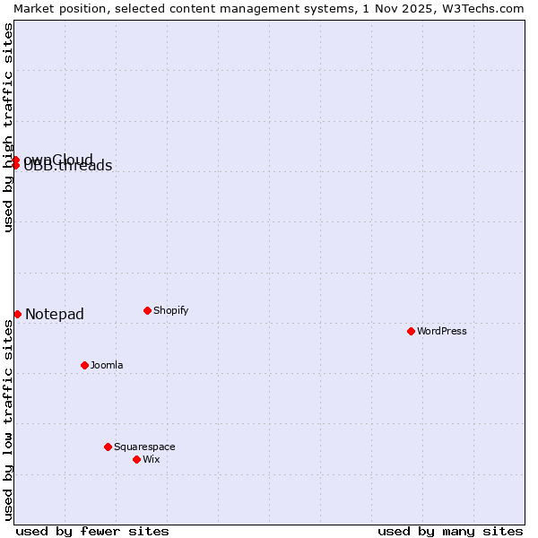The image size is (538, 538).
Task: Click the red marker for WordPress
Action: (411, 331)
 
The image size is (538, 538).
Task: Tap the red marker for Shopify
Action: (147, 310)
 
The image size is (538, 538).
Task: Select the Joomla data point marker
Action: (84, 365)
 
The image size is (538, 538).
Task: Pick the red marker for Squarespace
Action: (108, 447)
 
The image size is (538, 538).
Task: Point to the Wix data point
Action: (136, 459)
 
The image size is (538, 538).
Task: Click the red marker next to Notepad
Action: (17, 314)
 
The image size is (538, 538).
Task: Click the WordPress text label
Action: (442, 331)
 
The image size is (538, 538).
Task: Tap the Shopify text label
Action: (171, 310)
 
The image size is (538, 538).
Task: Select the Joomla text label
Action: (107, 365)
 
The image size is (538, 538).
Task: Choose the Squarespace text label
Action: (144, 447)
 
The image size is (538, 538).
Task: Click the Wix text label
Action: (152, 459)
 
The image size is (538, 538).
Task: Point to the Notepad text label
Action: (55, 314)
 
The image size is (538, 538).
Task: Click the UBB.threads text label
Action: (68, 166)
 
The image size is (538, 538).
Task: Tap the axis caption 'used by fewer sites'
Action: (92, 531)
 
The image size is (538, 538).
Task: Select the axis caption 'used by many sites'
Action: (450, 531)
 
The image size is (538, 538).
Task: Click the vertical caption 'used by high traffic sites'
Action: (9, 127)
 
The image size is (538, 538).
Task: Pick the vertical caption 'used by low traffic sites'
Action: (9, 420)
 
